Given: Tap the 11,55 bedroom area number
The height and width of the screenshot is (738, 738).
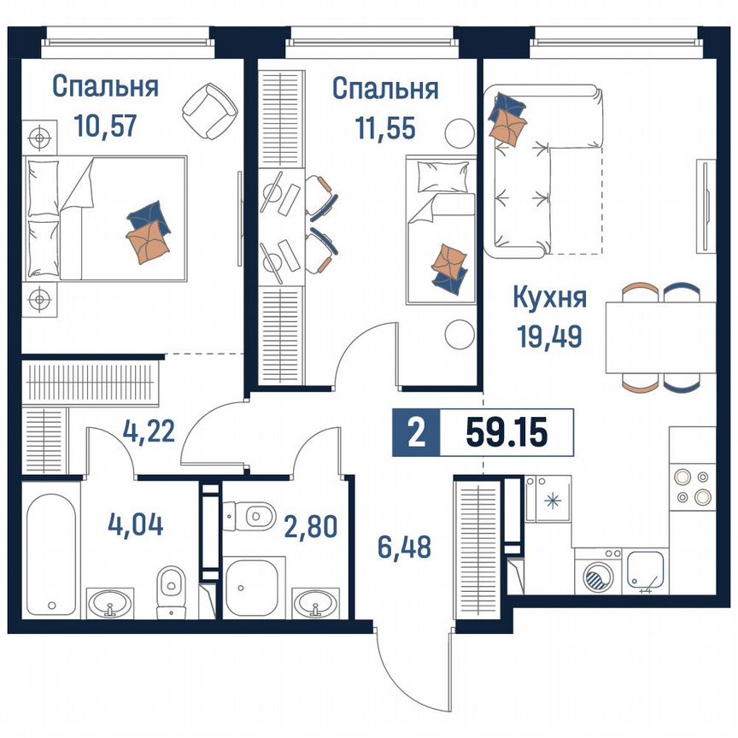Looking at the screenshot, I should [384, 127].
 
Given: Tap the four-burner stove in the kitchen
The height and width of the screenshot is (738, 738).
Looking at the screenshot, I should [693, 485].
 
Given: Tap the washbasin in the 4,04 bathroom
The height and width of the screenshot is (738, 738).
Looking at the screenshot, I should [110, 603].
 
